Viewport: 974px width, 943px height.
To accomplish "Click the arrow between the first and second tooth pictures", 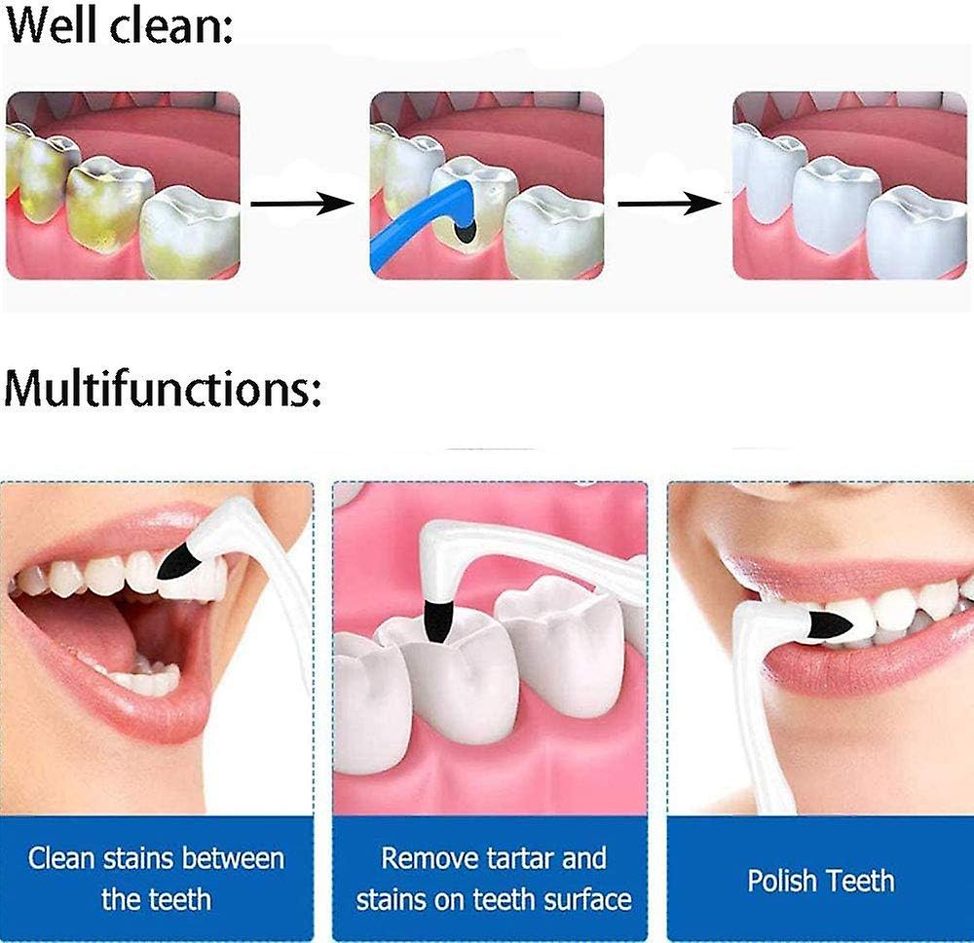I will [x=301, y=204].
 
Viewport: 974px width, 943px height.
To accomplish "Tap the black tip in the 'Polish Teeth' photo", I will [x=828, y=624].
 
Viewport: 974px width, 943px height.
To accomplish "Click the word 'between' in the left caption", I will [x=233, y=858].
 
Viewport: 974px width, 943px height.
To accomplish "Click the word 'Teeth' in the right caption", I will [x=861, y=881].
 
